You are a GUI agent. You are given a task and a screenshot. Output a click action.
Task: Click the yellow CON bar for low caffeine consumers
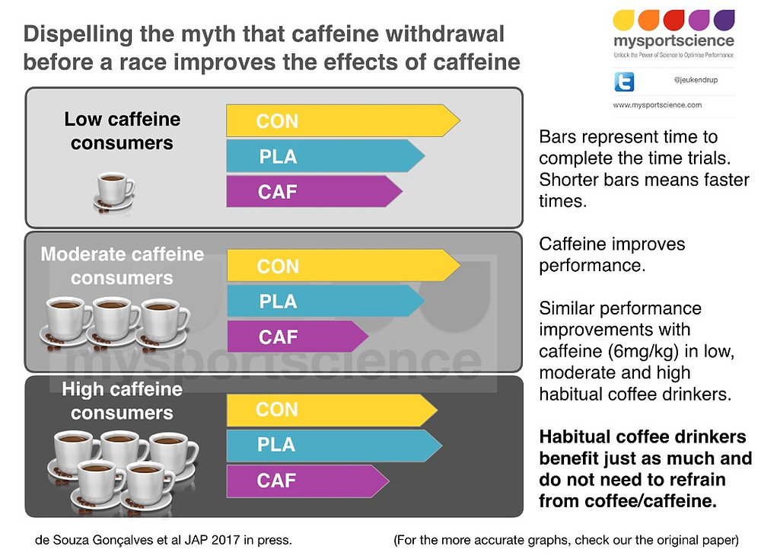(x=343, y=120)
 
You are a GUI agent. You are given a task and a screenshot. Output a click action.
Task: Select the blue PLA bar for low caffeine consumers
(x=326, y=156)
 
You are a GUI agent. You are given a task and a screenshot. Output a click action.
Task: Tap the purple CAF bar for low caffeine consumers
(x=314, y=191)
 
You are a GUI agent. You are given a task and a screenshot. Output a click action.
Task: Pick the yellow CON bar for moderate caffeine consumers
(x=344, y=266)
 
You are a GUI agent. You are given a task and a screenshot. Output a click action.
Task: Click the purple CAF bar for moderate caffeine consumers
(x=298, y=337)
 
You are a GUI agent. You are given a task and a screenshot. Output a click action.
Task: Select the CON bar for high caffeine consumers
(x=333, y=410)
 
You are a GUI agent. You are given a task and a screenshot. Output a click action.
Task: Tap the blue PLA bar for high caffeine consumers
(x=334, y=446)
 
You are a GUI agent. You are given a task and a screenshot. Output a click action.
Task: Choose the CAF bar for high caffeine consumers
(x=307, y=481)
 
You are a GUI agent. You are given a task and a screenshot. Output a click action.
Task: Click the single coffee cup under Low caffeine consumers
(x=114, y=192)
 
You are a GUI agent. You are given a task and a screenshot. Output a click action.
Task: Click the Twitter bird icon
(x=624, y=81)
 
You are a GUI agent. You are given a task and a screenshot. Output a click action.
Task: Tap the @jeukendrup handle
(x=696, y=80)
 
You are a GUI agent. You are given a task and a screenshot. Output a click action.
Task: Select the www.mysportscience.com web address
(x=658, y=105)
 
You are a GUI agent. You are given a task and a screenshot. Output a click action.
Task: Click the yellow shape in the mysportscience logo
(x=624, y=21)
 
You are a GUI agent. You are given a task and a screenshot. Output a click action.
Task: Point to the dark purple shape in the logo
(x=724, y=21)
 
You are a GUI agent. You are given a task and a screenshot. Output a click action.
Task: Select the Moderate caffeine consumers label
(x=123, y=266)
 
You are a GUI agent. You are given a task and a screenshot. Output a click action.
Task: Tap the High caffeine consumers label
(x=123, y=401)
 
